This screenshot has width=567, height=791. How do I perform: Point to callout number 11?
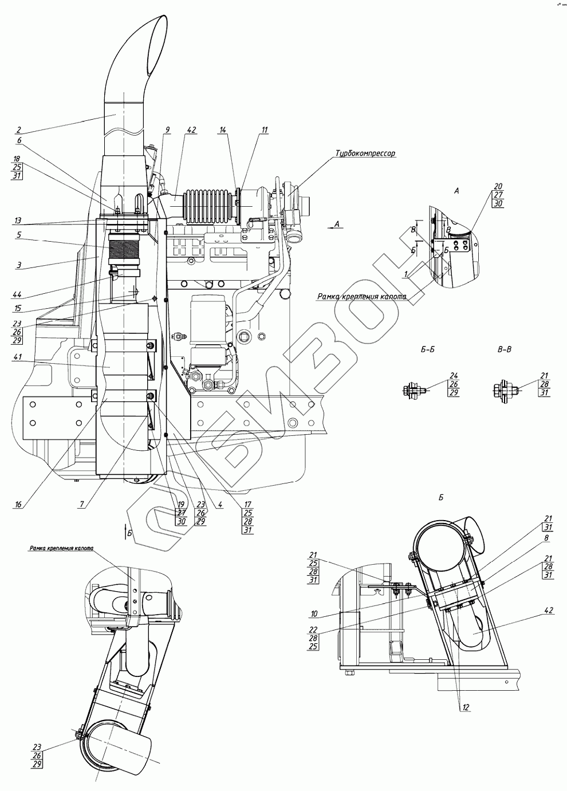[264, 131]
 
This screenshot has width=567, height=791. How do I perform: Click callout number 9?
[167, 130]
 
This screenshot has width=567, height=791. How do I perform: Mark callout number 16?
[18, 504]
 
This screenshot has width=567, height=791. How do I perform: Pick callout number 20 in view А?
[498, 186]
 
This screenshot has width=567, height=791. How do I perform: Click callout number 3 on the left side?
[18, 265]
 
